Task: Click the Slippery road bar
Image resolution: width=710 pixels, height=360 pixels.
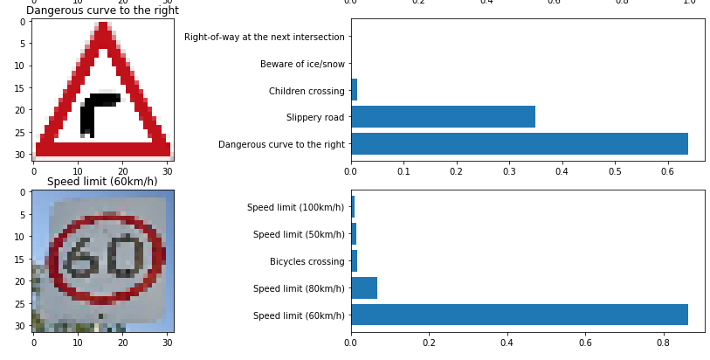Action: pyautogui.click(x=444, y=117)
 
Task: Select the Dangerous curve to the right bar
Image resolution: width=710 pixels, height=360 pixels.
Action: pyautogui.click(x=520, y=144)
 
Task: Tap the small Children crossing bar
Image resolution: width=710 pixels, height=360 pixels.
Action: pyautogui.click(x=354, y=90)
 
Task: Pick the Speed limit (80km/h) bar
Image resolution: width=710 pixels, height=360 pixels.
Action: pyautogui.click(x=364, y=288)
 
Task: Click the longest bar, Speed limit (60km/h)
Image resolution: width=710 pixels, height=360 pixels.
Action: pyautogui.click(x=520, y=315)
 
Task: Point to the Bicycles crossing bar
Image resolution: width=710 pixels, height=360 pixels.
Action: pyautogui.click(x=354, y=261)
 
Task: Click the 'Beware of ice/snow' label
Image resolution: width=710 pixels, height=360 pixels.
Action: pyautogui.click(x=302, y=65)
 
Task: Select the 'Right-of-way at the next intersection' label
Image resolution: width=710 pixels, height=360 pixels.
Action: pyautogui.click(x=265, y=37)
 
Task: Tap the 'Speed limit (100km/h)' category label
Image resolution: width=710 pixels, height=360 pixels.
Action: pyautogui.click(x=296, y=208)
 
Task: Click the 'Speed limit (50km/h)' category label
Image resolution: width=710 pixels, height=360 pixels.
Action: pyautogui.click(x=299, y=234)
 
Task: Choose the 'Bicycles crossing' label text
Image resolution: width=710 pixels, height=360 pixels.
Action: pyautogui.click(x=307, y=262)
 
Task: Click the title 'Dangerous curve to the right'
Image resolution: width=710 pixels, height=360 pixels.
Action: pyautogui.click(x=103, y=10)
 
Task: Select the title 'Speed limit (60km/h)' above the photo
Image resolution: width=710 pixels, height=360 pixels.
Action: pyautogui.click(x=102, y=182)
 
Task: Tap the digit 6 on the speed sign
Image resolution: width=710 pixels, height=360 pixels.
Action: pyautogui.click(x=79, y=259)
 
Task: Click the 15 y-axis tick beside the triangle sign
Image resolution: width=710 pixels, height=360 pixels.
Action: pyautogui.click(x=21, y=88)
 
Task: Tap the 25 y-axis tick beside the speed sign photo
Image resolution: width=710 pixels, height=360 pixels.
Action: pyautogui.click(x=21, y=303)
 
